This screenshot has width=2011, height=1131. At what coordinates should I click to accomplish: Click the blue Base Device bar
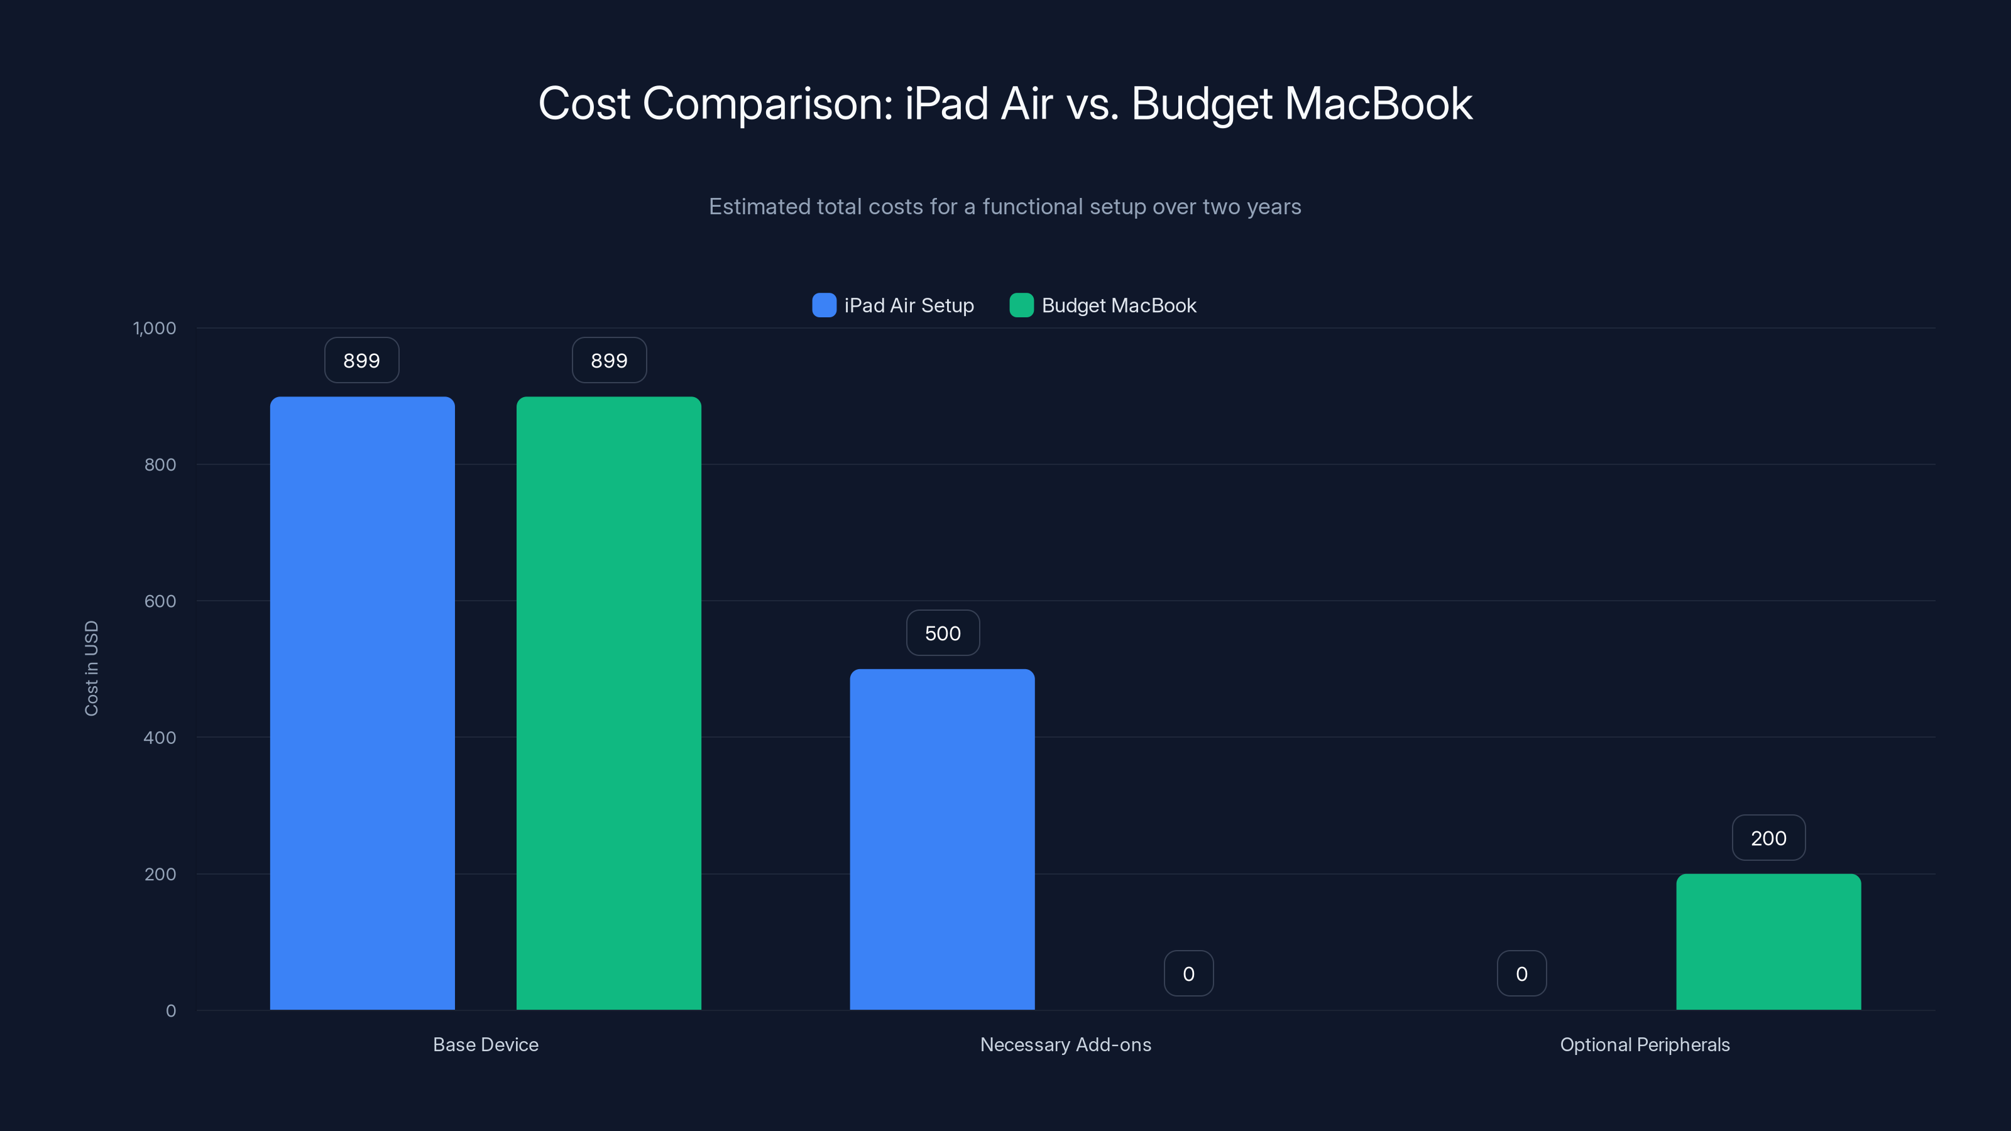(362, 702)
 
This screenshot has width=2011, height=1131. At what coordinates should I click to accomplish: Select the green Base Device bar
(609, 702)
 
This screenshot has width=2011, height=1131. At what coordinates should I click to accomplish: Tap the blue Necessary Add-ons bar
(942, 839)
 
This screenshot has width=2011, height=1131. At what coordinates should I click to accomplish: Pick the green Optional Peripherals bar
(1768, 941)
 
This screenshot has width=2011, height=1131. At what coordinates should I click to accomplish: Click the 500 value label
(942, 633)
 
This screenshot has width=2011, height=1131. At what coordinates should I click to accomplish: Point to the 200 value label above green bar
(1768, 838)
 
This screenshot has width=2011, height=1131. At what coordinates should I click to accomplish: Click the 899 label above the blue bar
(361, 361)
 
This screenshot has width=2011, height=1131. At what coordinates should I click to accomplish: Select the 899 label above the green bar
(609, 361)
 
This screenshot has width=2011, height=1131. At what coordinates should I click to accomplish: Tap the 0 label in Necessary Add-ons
(1188, 973)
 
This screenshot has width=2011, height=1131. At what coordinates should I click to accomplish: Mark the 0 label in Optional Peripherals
(1521, 973)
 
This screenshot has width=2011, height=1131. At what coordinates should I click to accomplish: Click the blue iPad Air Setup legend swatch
(824, 305)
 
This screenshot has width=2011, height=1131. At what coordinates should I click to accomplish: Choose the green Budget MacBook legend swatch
(1021, 305)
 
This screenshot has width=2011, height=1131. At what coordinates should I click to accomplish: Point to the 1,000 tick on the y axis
(155, 328)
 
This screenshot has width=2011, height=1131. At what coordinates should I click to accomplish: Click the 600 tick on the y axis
(160, 601)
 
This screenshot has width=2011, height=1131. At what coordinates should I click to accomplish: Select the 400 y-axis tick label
(160, 738)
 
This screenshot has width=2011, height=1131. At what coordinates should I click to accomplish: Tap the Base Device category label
(486, 1044)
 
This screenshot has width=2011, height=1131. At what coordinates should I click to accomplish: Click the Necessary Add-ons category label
(1066, 1044)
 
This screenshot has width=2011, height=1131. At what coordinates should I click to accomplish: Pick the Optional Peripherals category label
(1645, 1044)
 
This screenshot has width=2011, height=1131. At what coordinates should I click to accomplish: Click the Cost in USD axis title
(91, 668)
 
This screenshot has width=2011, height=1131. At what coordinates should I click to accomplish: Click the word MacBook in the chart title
(1378, 104)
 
